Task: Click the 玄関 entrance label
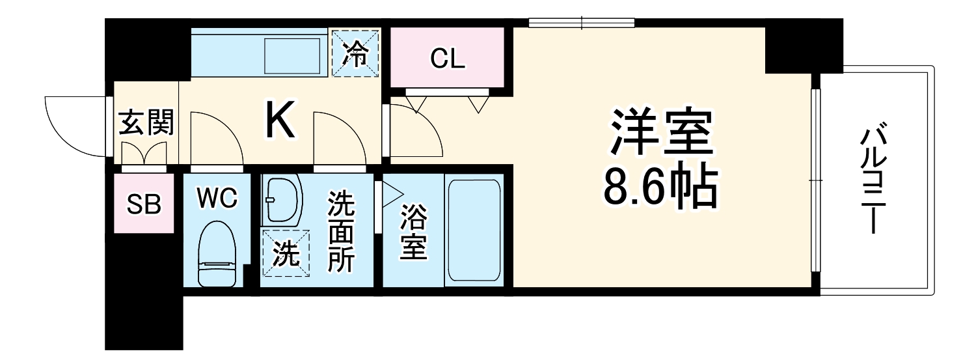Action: (146, 122)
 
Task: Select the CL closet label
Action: (448, 59)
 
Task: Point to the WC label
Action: (217, 199)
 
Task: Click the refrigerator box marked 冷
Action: (355, 53)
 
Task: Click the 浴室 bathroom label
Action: (413, 232)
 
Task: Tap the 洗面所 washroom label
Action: (341, 232)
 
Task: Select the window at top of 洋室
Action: (581, 23)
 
